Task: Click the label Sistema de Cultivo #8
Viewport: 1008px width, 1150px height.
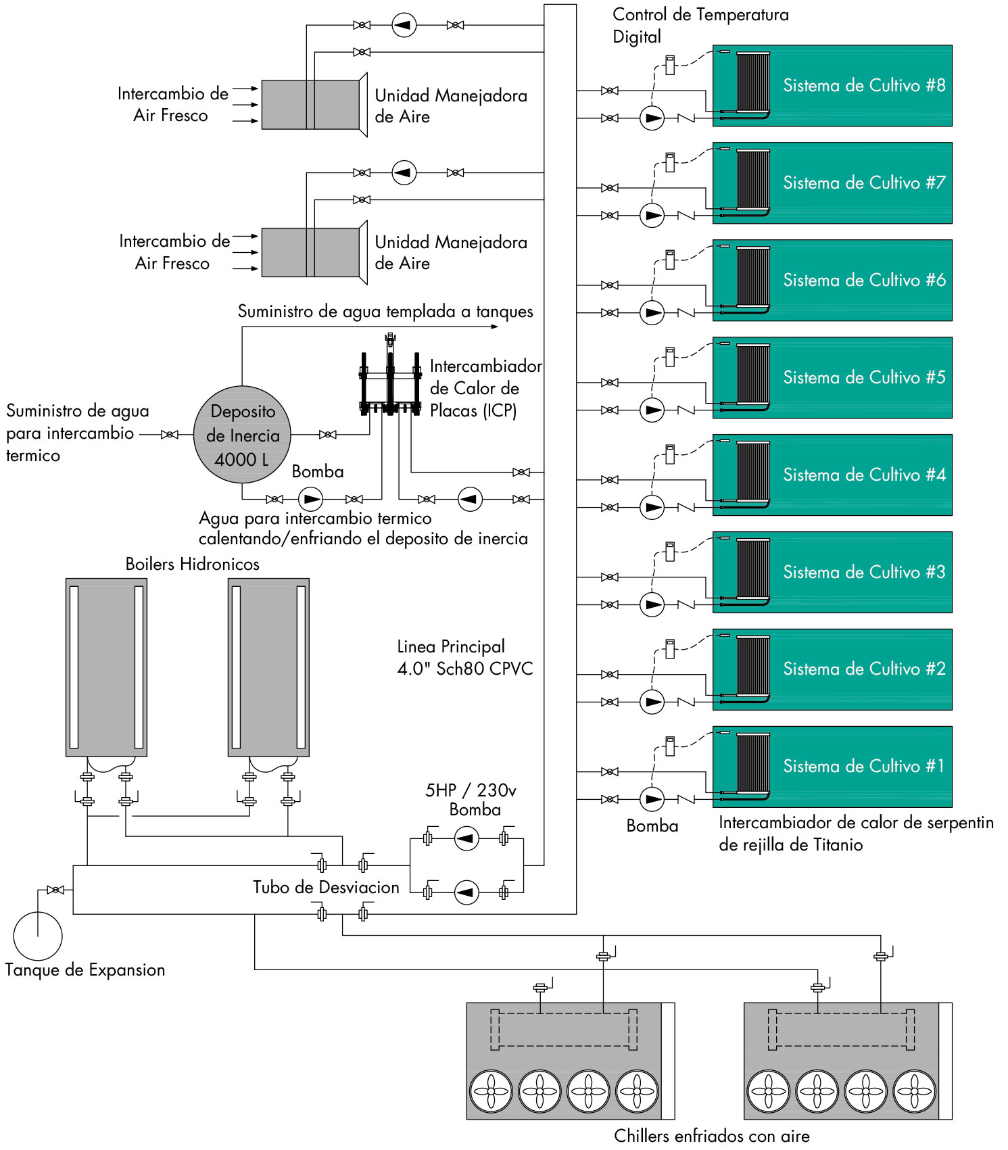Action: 863,85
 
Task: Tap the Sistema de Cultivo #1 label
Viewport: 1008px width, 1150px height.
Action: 863,766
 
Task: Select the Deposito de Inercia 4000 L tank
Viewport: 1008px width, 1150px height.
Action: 242,435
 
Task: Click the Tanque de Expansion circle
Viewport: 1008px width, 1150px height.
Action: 38,936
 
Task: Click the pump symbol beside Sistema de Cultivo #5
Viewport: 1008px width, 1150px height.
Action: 652,410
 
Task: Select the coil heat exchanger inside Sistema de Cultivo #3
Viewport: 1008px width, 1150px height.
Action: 752,569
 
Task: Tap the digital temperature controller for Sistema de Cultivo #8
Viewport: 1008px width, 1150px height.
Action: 670,65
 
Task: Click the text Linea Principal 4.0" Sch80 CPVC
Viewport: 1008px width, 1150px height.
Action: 464,658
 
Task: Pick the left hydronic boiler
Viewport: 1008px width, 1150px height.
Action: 106,667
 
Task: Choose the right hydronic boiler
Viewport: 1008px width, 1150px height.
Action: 268,667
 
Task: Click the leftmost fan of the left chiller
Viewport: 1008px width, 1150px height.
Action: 491,1091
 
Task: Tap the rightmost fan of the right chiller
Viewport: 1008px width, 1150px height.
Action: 915,1091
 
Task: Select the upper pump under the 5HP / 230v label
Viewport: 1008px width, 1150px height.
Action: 466,839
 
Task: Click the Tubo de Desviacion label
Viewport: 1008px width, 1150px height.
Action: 326,887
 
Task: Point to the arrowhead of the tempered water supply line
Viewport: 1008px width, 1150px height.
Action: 495,327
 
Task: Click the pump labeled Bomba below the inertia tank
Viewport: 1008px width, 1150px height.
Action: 310,500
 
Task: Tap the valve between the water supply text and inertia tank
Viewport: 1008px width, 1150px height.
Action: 170,435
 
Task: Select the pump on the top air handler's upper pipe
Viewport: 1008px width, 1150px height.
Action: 404,25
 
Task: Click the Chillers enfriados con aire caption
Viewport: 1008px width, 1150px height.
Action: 711,1136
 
